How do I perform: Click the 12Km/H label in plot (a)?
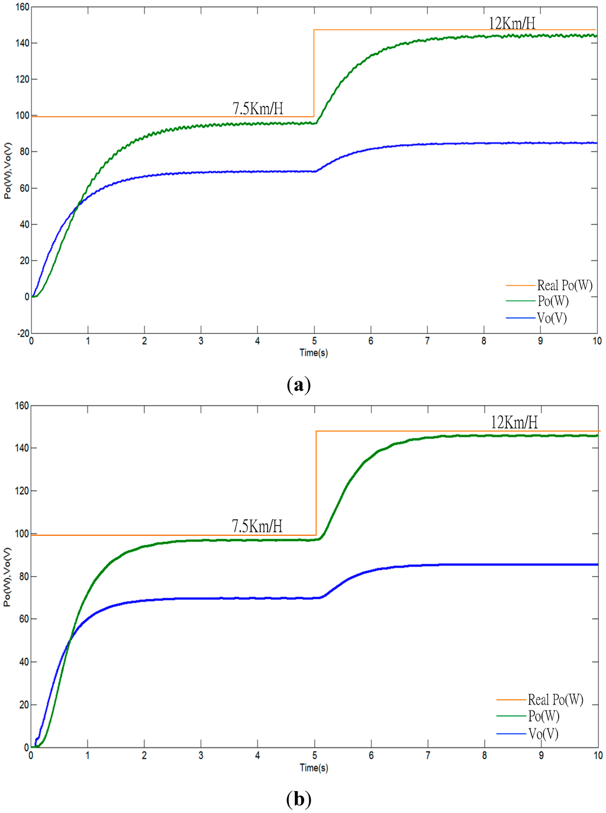tap(512, 23)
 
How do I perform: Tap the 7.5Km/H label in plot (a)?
tap(257, 108)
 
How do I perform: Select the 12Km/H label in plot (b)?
tap(514, 422)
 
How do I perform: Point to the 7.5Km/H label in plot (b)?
tap(257, 526)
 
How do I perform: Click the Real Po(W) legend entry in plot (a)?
tap(564, 285)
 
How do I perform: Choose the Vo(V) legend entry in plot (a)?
tap(552, 318)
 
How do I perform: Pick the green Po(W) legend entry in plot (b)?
tap(543, 716)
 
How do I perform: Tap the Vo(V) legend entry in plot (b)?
tap(543, 734)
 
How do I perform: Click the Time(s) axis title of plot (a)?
tap(314, 353)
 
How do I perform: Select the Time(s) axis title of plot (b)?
tap(314, 768)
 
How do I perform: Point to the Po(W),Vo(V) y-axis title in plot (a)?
tap(8, 171)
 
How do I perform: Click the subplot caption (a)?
tap(298, 385)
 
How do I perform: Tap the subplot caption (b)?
tap(298, 799)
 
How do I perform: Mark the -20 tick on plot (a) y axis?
tap(22, 333)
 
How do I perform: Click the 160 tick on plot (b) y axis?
tap(22, 406)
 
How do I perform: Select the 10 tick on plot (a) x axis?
tap(597, 341)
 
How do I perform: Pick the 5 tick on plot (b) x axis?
tap(315, 756)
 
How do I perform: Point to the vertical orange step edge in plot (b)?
tap(316, 483)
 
